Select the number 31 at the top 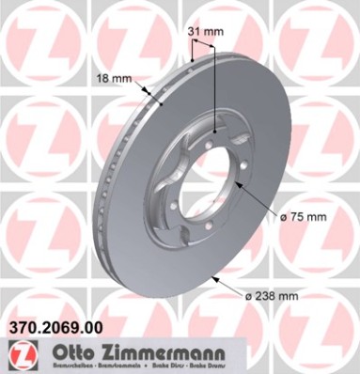coord(195,33)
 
